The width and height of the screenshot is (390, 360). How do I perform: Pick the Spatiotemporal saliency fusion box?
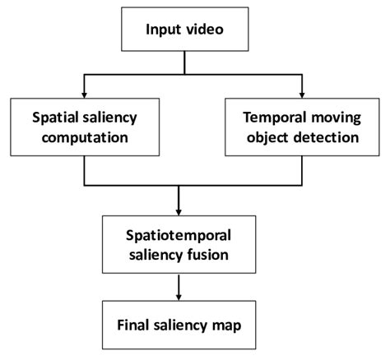click(x=179, y=244)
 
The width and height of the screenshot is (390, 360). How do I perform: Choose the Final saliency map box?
click(x=179, y=325)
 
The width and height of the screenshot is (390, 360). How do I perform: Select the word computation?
click(x=85, y=137)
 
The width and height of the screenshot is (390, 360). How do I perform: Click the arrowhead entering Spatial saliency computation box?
click(x=85, y=91)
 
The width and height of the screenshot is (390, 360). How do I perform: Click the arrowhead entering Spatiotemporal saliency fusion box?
click(x=179, y=210)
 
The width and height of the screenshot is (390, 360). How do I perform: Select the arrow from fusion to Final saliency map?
click(x=179, y=288)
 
